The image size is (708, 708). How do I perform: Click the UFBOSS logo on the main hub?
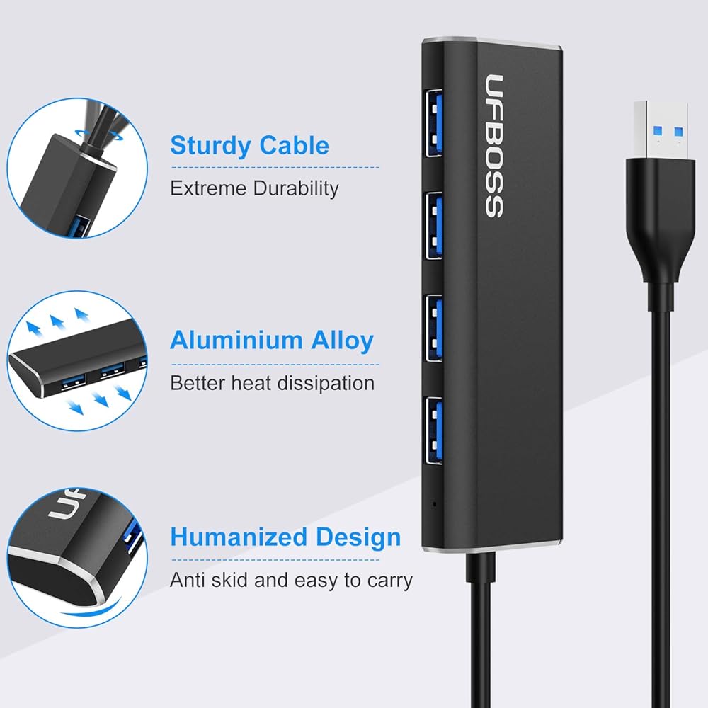[494, 146]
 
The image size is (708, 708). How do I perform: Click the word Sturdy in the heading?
[210, 146]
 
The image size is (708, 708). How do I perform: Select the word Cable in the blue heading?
[294, 146]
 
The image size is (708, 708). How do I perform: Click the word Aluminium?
[236, 341]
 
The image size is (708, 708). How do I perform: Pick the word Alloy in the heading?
[343, 341]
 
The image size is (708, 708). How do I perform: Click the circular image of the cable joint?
[76, 169]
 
